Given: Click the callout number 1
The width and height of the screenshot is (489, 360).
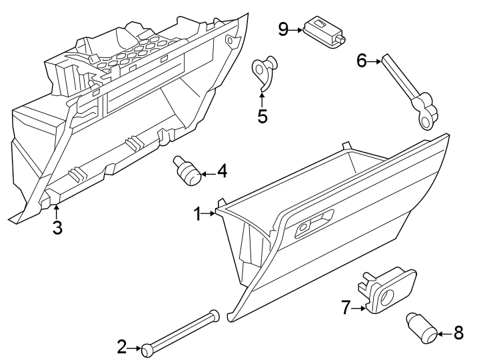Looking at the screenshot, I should coord(197,213).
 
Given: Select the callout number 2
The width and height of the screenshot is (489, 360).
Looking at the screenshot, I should coord(121,347).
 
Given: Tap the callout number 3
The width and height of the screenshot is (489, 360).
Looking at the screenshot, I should coord(57,227).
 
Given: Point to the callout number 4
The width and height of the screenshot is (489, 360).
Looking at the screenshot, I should coord(222,172).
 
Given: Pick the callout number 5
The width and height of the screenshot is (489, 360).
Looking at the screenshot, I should coord(262,116).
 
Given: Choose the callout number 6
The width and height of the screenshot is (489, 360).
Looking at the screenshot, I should coord(362,61).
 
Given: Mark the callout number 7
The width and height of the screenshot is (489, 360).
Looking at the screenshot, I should coord(346,307).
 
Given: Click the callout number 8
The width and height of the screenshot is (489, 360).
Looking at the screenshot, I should coord(458,333).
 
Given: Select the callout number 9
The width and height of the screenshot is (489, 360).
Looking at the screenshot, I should coord(282,29).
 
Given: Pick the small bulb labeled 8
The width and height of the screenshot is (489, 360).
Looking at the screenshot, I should coord(421,328).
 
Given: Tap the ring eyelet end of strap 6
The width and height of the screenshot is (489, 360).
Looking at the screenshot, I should coord(424,119).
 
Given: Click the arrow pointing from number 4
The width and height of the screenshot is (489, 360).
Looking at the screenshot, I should coord(207,173).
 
